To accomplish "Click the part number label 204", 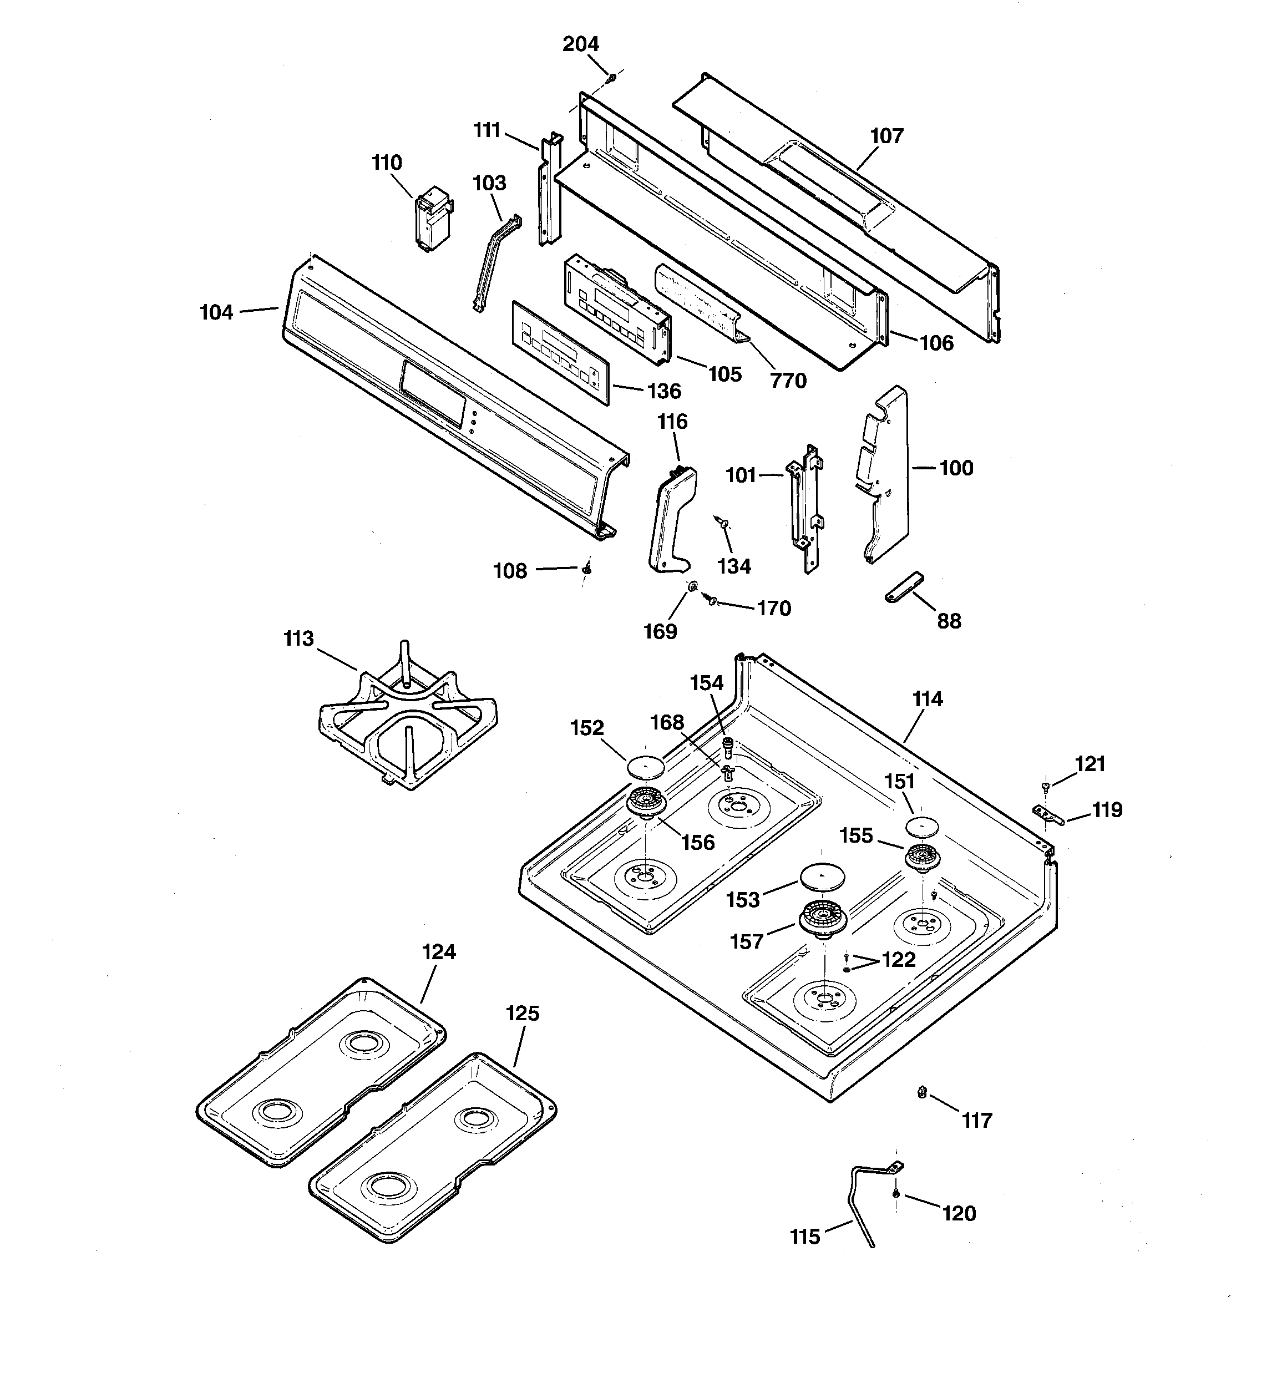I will [580, 44].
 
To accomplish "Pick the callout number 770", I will [788, 381].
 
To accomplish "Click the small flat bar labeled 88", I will [904, 586].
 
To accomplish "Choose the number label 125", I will [522, 1013].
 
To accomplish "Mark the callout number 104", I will [216, 313].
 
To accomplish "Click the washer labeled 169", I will [690, 587].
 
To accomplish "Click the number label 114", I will [927, 699].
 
